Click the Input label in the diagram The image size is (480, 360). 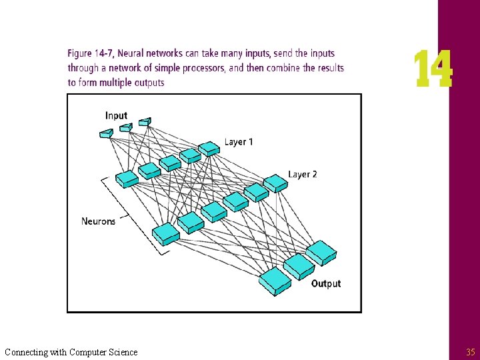116,115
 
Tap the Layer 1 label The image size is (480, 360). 239,142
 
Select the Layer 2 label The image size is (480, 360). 303,174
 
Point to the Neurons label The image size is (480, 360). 98,221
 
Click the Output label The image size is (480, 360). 326,284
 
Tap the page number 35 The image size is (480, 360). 470,352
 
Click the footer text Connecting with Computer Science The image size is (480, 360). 71,352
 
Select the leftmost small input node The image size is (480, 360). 106,133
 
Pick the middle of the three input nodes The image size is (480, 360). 125,127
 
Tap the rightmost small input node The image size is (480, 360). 145,122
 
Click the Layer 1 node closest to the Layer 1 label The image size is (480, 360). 209,148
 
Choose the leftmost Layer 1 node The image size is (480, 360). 127,179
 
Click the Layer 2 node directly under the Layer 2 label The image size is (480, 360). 275,183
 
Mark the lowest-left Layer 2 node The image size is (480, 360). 166,233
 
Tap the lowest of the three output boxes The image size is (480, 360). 275,281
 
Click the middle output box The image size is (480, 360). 299,266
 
